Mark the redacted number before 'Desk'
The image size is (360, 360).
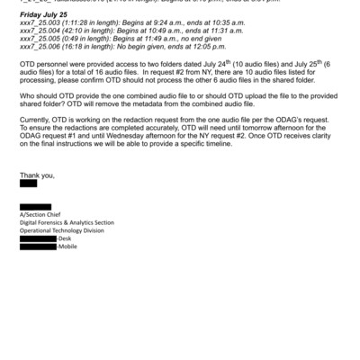pyautogui.click(x=55, y=238)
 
